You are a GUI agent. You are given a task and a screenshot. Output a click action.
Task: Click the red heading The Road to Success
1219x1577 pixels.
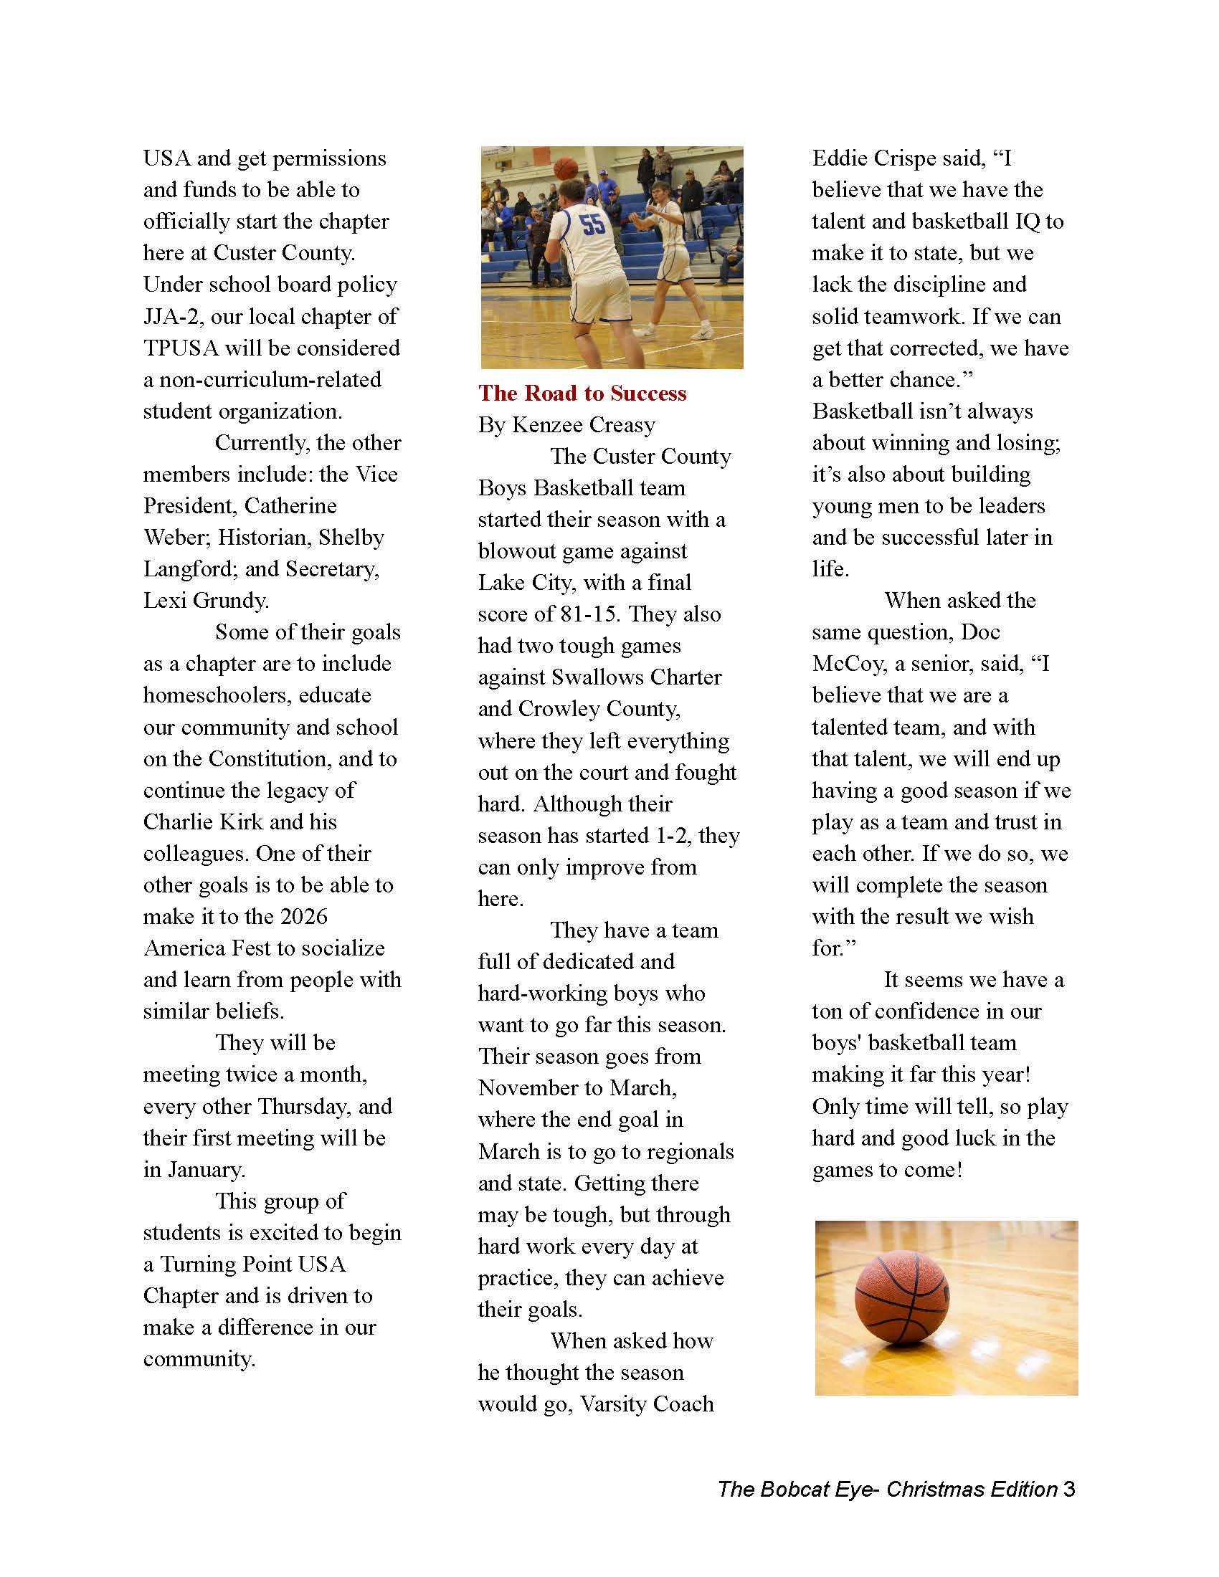tap(582, 394)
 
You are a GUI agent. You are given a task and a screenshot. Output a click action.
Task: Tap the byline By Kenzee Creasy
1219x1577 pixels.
tap(566, 425)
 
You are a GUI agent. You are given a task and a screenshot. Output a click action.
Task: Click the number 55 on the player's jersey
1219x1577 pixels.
tap(592, 224)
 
